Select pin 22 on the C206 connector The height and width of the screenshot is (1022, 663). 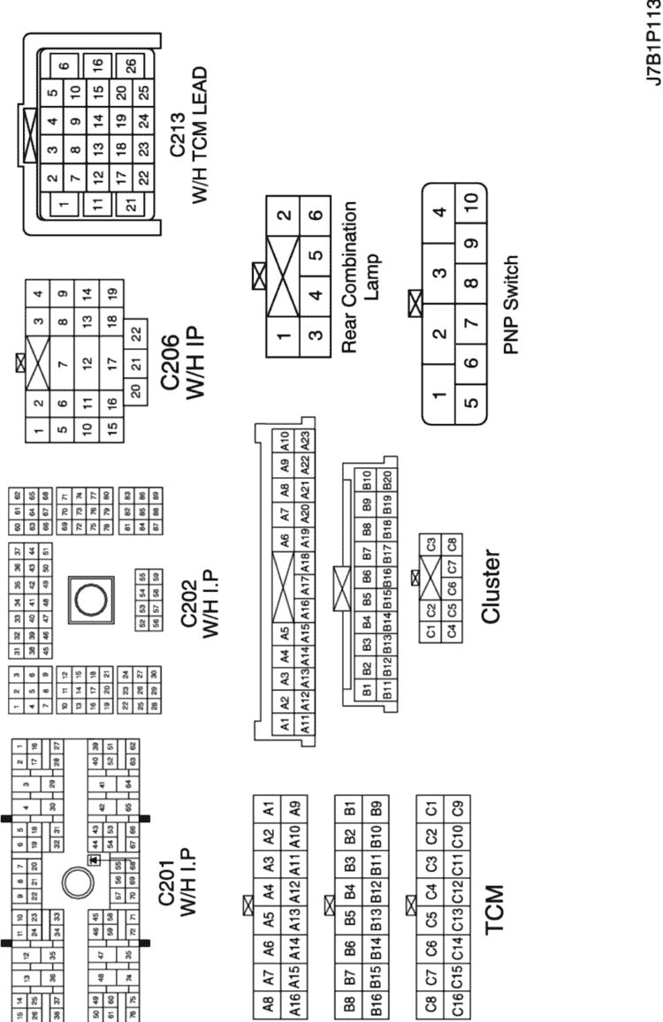pos(134,333)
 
